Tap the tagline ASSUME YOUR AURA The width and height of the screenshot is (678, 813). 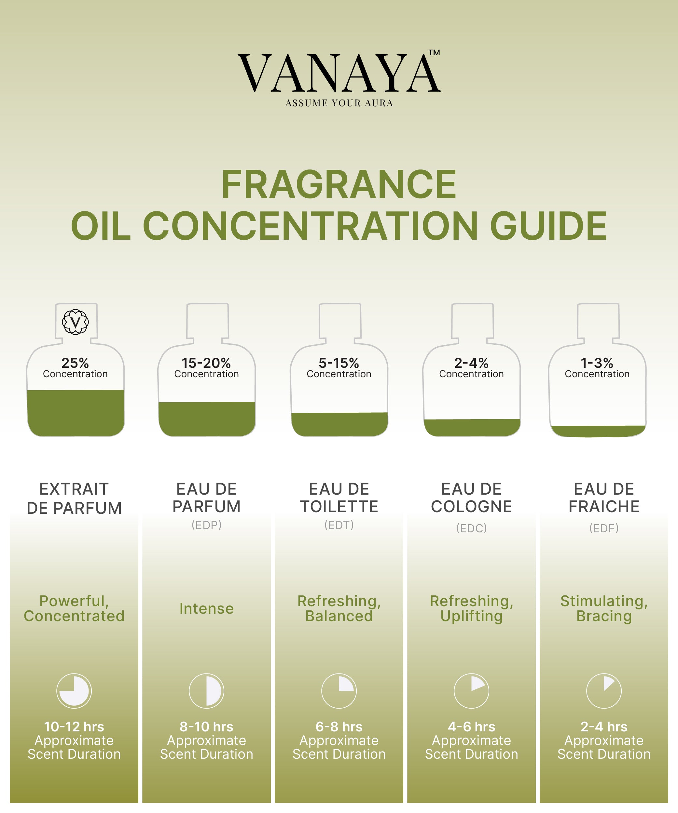(x=339, y=103)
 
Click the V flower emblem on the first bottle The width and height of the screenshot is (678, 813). (x=75, y=322)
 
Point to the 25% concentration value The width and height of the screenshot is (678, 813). (x=75, y=363)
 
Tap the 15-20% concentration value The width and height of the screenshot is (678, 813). (x=206, y=363)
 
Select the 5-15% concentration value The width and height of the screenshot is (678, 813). (x=339, y=363)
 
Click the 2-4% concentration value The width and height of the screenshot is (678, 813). (x=472, y=363)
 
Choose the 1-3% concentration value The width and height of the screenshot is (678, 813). (x=597, y=363)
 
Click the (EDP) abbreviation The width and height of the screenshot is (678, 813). (x=206, y=525)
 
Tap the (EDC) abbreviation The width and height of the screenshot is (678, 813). (x=472, y=528)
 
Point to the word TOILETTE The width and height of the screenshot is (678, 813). (x=339, y=506)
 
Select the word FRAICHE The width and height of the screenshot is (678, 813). (x=604, y=506)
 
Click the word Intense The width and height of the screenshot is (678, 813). (x=206, y=608)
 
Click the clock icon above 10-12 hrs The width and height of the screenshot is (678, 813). (x=74, y=691)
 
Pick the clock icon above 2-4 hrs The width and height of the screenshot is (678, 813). (x=604, y=691)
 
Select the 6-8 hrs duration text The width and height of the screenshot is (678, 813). (x=339, y=727)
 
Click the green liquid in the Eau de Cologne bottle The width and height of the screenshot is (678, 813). (x=472, y=427)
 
